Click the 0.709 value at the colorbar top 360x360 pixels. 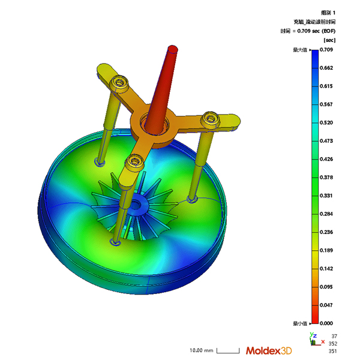[326, 50]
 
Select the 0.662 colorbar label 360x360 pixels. [326, 68]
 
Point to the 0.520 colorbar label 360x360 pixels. [326, 122]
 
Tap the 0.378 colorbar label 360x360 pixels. [326, 177]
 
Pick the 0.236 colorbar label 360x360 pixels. [326, 232]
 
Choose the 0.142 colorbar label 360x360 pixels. [326, 269]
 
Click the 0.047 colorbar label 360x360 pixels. [326, 305]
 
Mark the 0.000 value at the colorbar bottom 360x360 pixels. [326, 323]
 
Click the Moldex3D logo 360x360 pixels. [269, 350]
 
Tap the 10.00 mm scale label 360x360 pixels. [202, 350]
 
